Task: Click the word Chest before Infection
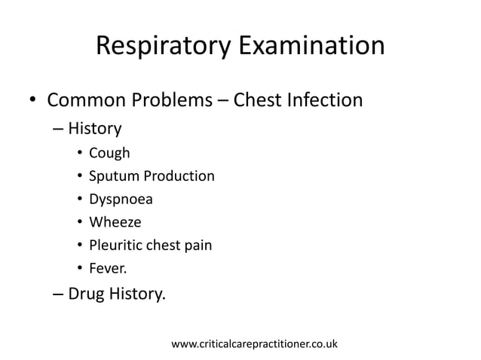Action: [x=259, y=99]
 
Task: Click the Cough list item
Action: [x=109, y=154]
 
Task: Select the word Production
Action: [x=179, y=177]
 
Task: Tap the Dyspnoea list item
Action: [x=119, y=200]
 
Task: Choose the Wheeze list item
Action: [x=115, y=222]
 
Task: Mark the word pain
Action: [x=198, y=245]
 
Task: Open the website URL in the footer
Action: [x=255, y=344]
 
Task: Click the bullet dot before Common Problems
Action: [x=32, y=101]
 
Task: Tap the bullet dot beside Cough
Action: [x=79, y=154]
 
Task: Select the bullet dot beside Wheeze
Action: [x=79, y=223]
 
